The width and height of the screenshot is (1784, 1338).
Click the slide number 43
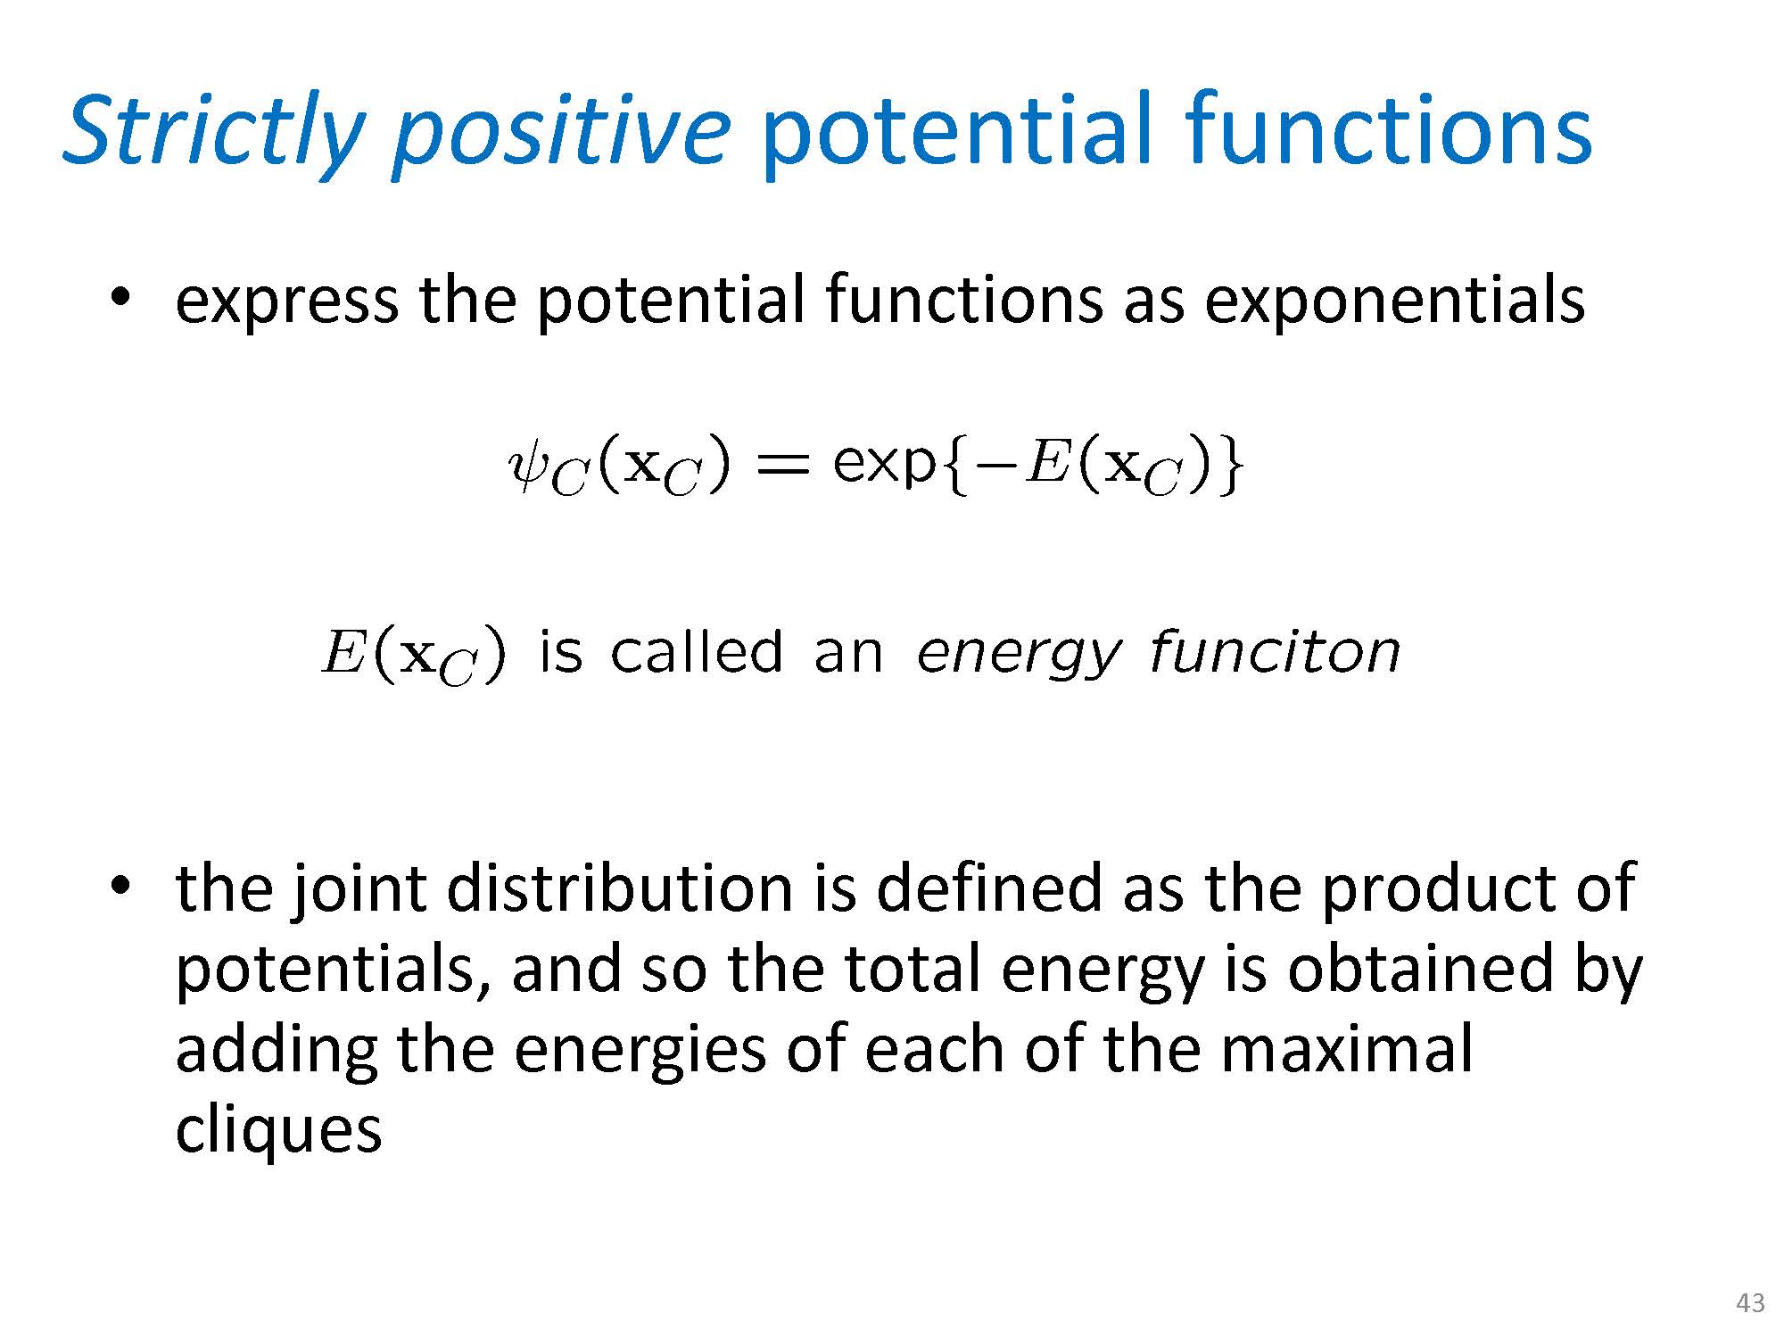tap(1750, 1303)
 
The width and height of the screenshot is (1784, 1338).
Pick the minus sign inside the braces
tap(996, 467)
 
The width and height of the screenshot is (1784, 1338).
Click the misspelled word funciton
tap(1275, 652)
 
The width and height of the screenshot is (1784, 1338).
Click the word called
tap(697, 651)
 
